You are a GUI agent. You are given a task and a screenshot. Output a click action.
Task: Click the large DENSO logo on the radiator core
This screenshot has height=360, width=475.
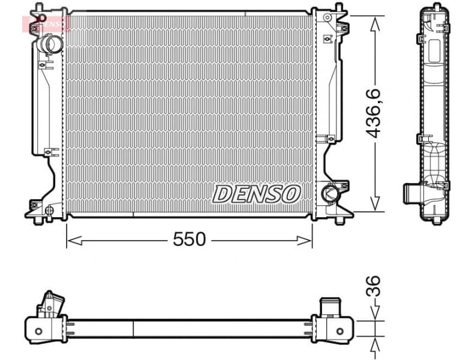click(x=256, y=193)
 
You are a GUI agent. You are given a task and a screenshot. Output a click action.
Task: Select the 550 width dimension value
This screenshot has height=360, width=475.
click(x=189, y=239)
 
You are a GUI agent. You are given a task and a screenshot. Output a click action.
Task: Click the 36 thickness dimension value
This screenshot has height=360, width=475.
click(x=373, y=286)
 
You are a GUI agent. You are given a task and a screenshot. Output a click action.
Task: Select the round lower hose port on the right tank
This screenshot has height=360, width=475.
click(x=329, y=193)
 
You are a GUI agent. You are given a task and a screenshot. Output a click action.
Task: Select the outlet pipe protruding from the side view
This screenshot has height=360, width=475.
click(x=411, y=194)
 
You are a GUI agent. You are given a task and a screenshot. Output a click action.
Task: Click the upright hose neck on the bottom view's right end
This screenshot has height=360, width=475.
click(x=329, y=307)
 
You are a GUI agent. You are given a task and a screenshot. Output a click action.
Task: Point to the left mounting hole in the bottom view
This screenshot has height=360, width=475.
click(x=39, y=331)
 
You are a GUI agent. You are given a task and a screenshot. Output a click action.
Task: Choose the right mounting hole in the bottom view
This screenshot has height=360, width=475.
click(x=341, y=331)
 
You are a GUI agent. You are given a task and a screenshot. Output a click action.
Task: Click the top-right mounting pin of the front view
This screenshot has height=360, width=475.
click(x=339, y=7)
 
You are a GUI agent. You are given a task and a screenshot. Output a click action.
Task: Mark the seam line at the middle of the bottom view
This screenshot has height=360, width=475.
click(x=133, y=329)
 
